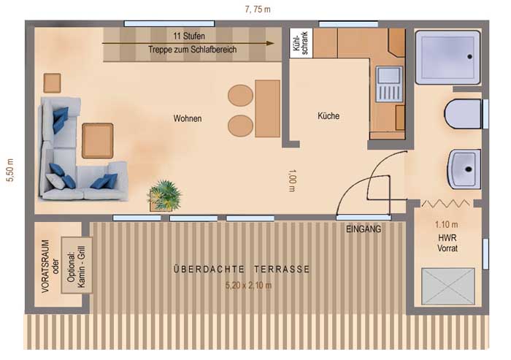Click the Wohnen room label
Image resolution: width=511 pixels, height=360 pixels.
[188, 118]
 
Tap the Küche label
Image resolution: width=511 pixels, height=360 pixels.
[328, 116]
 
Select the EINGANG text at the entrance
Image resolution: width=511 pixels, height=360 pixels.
[364, 229]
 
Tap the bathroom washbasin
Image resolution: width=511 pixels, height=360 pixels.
[463, 169]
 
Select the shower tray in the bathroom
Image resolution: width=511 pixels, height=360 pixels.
[447, 56]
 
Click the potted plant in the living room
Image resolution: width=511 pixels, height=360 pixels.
[164, 195]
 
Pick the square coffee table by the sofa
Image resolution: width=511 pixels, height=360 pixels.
[97, 141]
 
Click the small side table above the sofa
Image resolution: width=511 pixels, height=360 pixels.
[52, 83]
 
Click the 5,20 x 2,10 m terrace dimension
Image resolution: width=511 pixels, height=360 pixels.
[247, 285]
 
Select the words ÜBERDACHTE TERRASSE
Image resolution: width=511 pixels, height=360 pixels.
[242, 269]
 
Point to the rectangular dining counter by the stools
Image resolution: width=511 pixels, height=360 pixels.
[268, 108]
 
